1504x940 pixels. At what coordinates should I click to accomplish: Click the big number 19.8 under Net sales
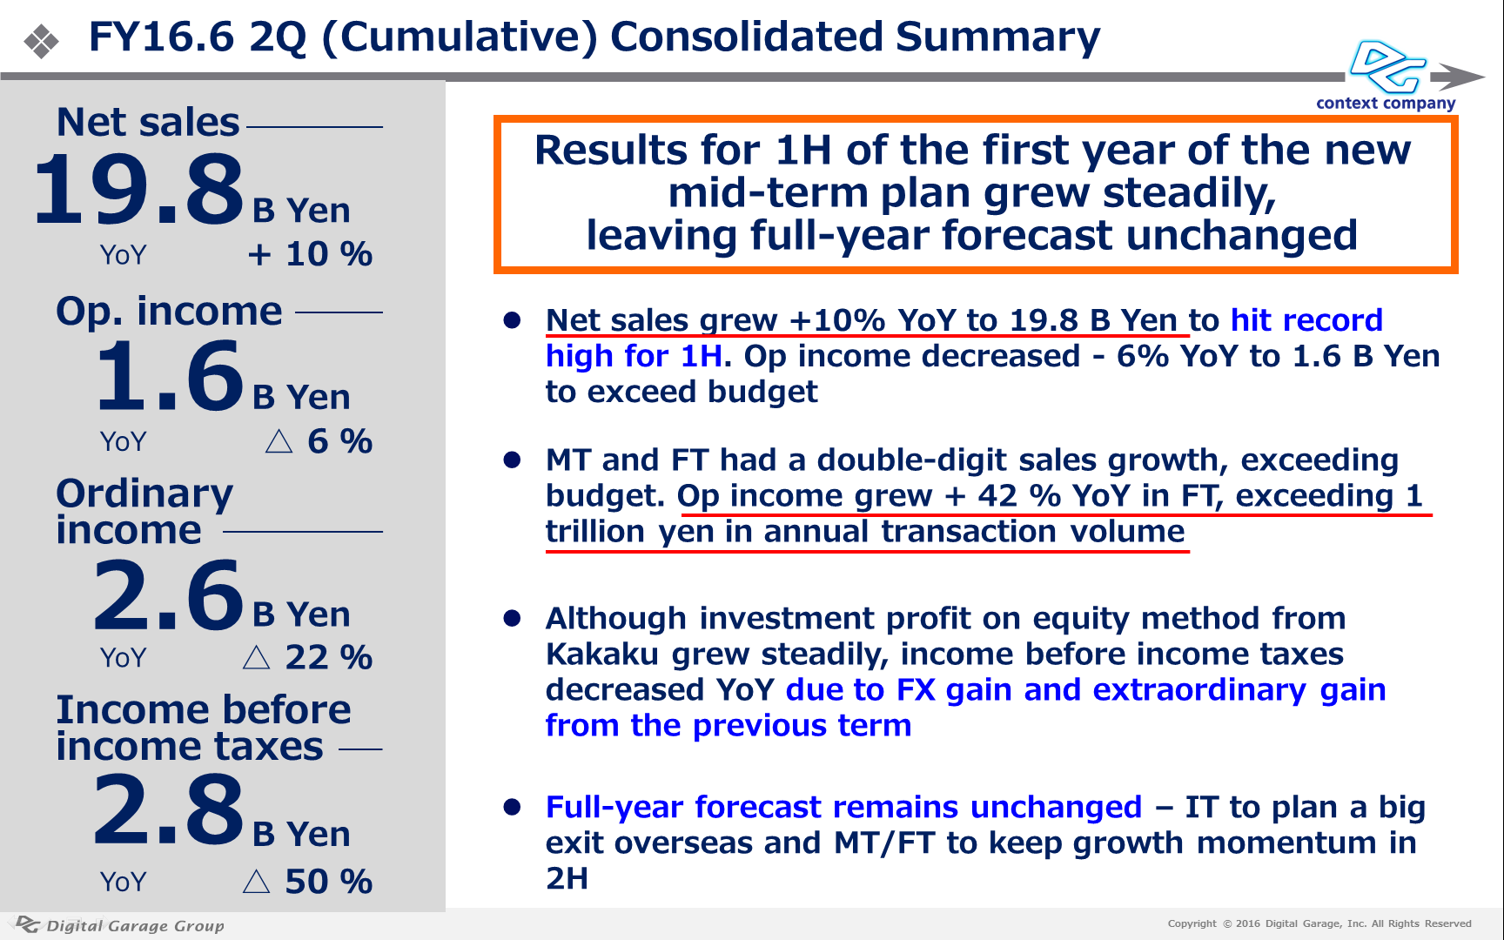pos(139,189)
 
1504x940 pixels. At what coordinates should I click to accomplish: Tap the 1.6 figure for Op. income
pos(170,376)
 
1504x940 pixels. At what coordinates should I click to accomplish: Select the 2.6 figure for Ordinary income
pos(169,595)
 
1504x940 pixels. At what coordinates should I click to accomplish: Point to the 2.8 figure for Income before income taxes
pos(169,811)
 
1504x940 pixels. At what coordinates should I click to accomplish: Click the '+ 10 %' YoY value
pos(310,254)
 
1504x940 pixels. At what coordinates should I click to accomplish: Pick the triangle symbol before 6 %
pos(279,442)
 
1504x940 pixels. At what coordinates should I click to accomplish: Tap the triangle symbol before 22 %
pos(256,657)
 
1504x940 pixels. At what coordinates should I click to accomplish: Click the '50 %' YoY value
pos(329,882)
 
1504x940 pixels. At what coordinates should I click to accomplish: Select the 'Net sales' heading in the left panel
pos(148,122)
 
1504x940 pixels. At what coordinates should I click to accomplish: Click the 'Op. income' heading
pos(169,311)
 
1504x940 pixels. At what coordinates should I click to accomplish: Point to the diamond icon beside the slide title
pos(41,42)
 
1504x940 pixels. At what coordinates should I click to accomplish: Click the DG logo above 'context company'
pos(1387,66)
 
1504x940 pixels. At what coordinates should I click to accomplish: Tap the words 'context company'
pos(1386,104)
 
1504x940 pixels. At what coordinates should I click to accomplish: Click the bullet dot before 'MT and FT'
pos(512,460)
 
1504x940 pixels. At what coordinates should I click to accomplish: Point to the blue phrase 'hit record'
pos(1306,320)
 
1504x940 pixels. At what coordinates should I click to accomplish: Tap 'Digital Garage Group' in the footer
pos(136,926)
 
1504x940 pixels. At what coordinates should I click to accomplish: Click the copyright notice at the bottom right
pos(1319,923)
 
